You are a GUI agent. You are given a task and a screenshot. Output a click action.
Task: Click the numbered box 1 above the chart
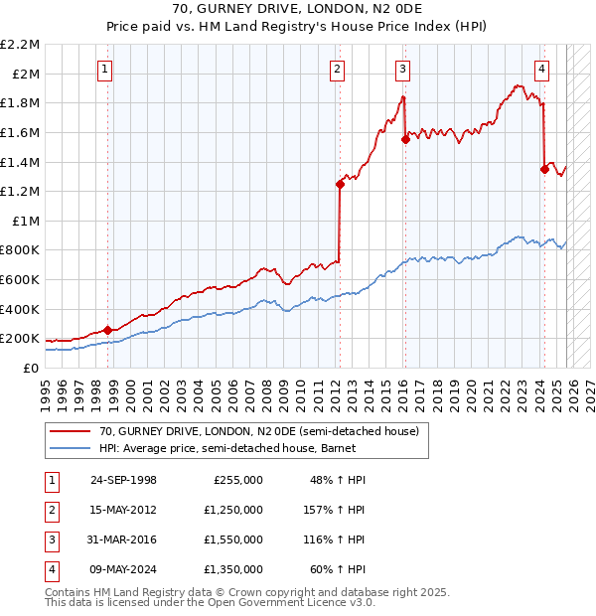[104, 69]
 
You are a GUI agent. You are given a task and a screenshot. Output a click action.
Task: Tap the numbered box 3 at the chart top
[402, 69]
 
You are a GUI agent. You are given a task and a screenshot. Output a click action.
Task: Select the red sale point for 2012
[340, 184]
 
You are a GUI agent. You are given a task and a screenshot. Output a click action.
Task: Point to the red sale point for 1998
[107, 330]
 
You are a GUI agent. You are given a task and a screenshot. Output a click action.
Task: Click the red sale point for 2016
[405, 140]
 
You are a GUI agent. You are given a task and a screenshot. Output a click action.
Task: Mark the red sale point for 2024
[544, 169]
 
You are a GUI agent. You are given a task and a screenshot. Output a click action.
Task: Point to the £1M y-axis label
[27, 221]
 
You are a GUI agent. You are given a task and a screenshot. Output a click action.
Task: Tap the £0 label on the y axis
[33, 368]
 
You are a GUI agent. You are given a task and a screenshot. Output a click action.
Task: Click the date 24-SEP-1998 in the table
[123, 480]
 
